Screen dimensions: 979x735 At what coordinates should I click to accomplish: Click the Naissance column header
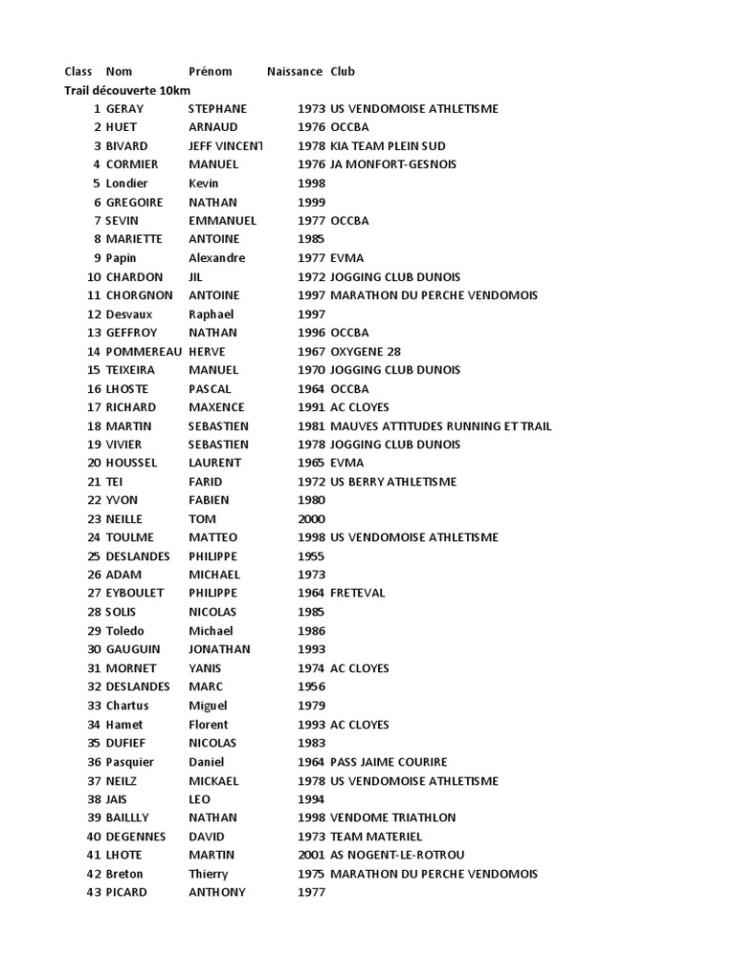click(x=295, y=72)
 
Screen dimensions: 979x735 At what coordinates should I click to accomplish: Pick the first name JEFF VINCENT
click(x=225, y=146)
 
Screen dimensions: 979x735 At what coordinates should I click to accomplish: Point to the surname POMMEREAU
click(x=144, y=351)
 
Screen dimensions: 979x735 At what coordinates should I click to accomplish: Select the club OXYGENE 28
click(x=366, y=351)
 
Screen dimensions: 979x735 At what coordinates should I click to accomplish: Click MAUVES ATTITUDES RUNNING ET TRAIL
click(x=440, y=426)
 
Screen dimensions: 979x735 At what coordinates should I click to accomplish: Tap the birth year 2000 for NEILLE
click(x=312, y=519)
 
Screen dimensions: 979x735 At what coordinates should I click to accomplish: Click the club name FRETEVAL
click(x=358, y=594)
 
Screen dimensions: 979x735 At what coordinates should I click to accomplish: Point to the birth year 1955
click(x=312, y=556)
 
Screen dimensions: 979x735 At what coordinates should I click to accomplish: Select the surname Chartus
click(x=127, y=707)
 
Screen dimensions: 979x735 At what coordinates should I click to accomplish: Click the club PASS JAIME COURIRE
click(x=389, y=762)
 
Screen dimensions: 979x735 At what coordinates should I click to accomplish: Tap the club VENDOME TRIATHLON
click(x=392, y=818)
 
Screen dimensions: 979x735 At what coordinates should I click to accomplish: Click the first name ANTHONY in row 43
click(x=217, y=893)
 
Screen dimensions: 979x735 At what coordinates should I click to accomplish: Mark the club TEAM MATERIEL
click(x=376, y=837)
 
